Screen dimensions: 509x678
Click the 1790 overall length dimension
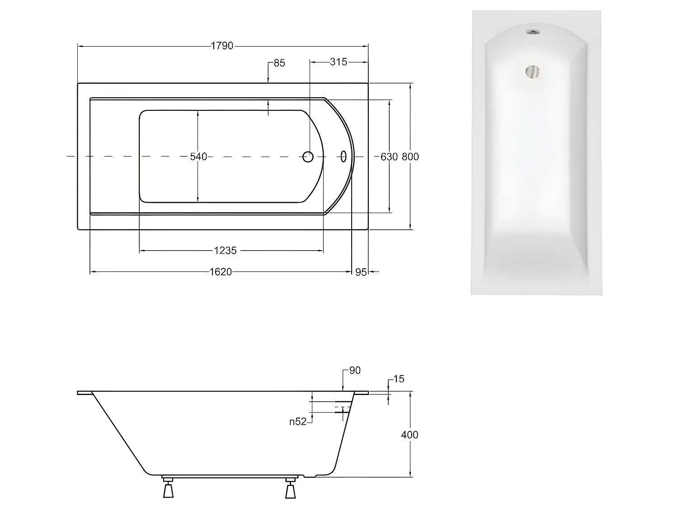pos(222,46)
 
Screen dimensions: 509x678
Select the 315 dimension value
pos(338,62)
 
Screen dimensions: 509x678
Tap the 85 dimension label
pos(279,63)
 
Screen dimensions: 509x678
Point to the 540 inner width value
pos(198,157)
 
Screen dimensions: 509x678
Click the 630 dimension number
pos(389,157)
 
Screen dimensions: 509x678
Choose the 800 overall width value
pos(410,157)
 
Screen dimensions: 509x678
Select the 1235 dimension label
pos(226,250)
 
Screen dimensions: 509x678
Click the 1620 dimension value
pos(221,272)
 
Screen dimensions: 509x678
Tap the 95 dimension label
pos(361,272)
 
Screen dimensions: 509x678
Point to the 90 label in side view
pos(355,371)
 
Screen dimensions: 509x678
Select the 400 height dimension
pos(410,435)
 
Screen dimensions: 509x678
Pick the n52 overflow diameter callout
pos(298,422)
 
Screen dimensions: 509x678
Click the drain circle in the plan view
pos(308,157)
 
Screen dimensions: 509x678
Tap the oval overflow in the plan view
pos(344,157)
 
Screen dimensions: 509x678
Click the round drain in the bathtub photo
pos(532,72)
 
